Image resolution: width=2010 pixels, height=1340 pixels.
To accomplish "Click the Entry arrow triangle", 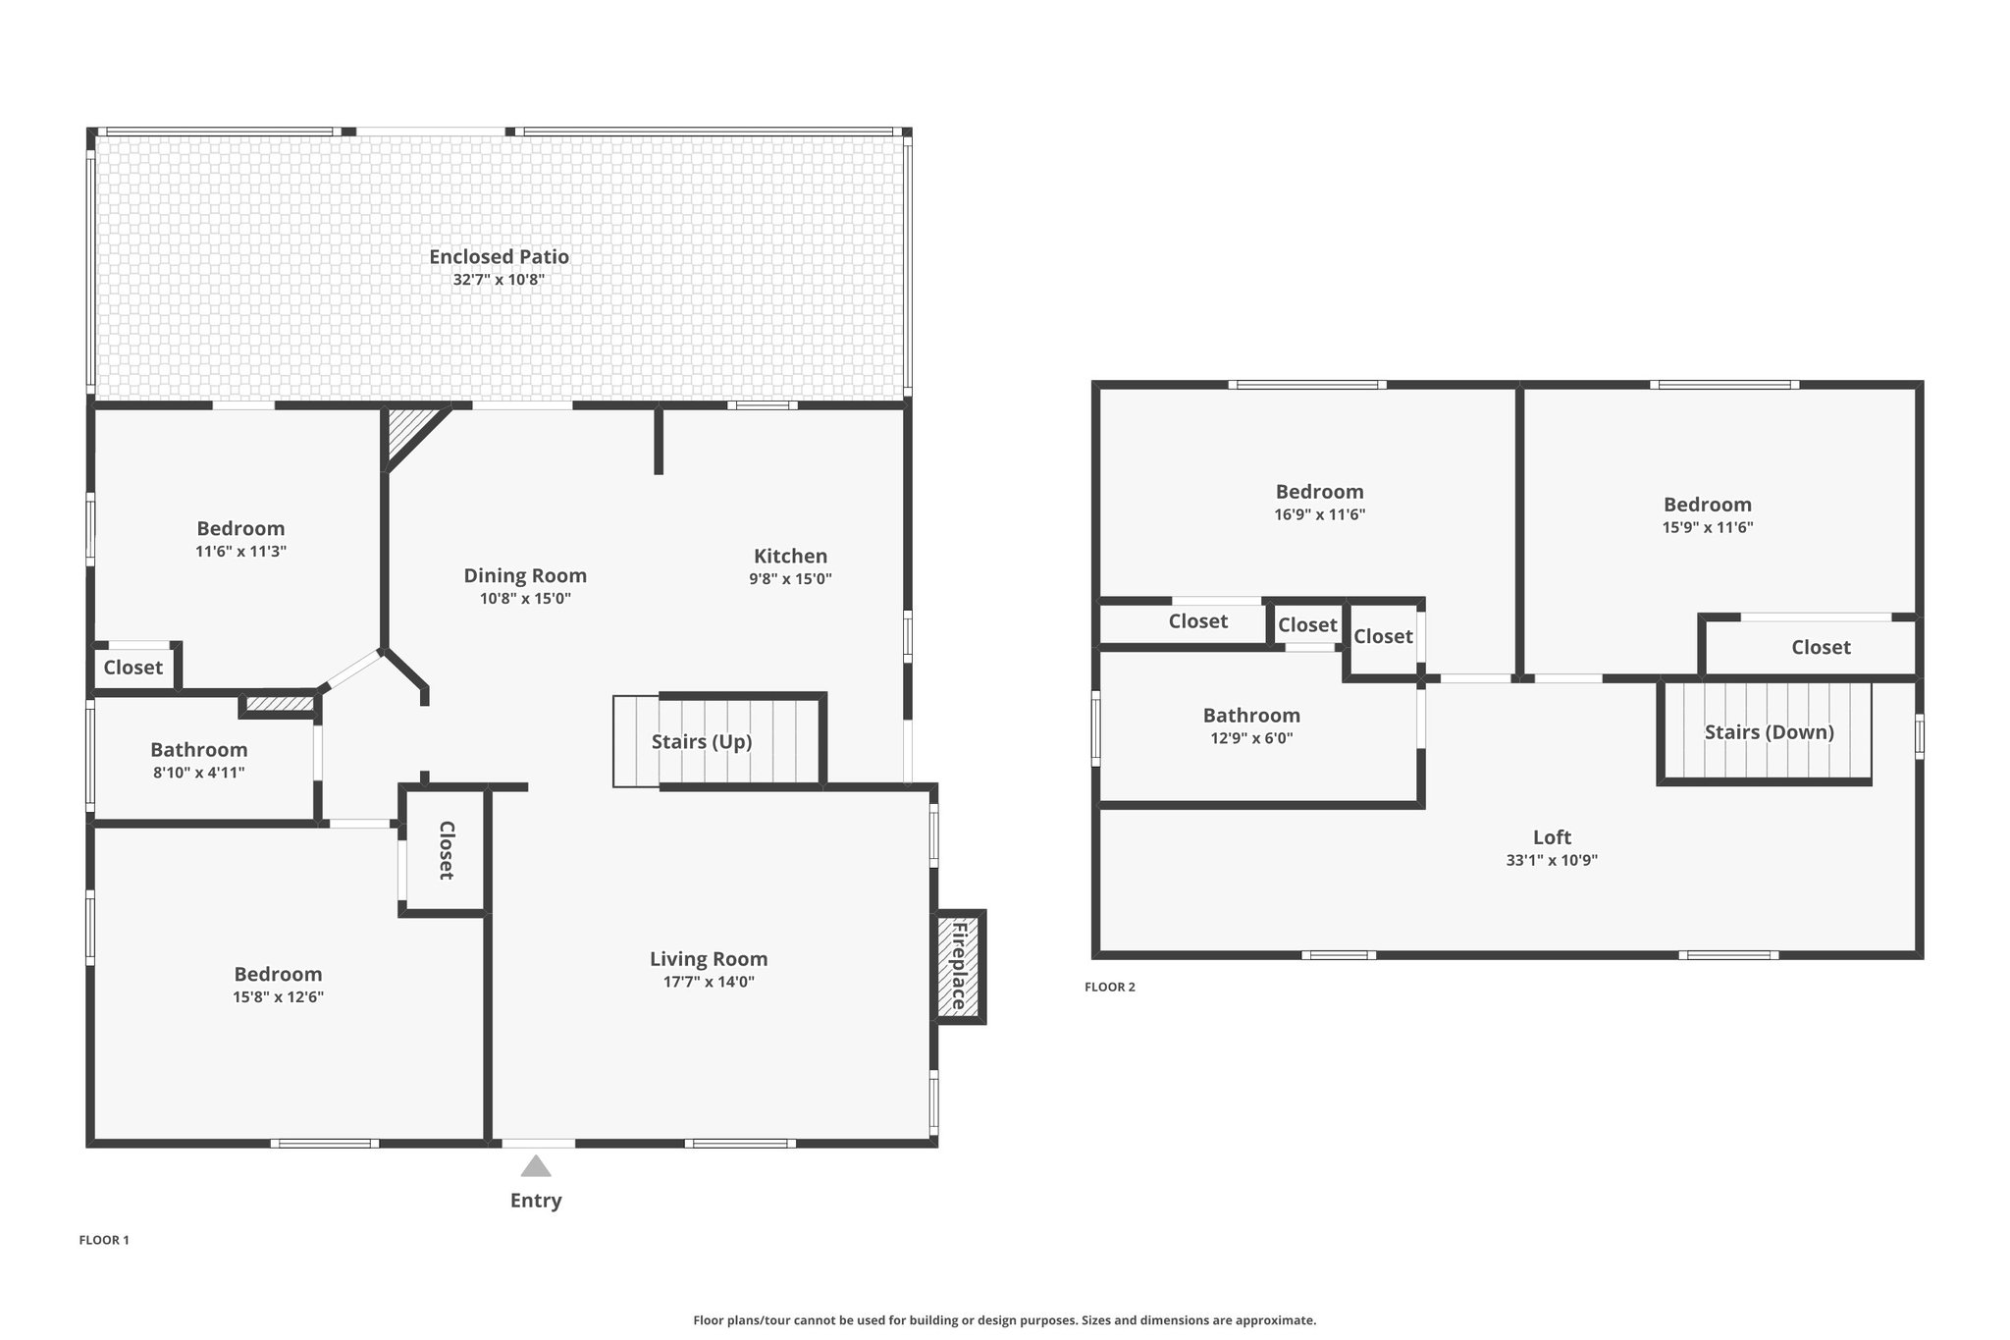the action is pos(535,1166).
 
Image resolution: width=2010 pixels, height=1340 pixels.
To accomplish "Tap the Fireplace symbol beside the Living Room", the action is pos(958,967).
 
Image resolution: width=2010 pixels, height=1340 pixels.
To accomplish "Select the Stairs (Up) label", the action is pos(702,741).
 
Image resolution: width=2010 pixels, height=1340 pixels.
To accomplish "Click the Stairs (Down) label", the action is pos(1769,731).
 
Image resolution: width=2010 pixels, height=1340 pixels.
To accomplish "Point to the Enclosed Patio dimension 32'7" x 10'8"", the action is pos(499,280).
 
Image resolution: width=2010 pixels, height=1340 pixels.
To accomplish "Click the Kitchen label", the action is pos(790,556).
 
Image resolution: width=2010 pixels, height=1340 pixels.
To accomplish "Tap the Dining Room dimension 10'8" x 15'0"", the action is pos(525,599).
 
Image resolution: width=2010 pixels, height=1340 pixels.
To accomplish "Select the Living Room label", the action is pos(709,959).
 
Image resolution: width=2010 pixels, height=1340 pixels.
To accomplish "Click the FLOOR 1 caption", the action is pos(104,1240).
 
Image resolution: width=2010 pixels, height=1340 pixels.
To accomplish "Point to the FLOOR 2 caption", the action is pos(1110,987).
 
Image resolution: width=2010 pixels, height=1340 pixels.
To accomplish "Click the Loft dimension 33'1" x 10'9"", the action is pos(1552,860).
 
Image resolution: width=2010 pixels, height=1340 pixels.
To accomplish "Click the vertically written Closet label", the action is pos(447,850).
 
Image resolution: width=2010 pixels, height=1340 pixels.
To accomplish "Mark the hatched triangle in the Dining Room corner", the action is pos(407,432).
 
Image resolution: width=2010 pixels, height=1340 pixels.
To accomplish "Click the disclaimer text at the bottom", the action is pos(1004,1320).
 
